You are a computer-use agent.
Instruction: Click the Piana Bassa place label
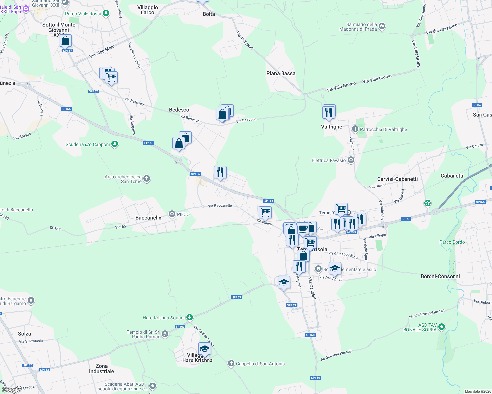tap(281, 73)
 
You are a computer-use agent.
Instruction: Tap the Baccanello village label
tap(148, 218)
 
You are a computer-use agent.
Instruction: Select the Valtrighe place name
tap(332, 127)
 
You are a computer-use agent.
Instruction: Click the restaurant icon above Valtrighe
tap(329, 112)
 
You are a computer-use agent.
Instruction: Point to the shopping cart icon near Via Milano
tap(265, 212)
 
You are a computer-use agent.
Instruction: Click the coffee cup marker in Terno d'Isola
tap(303, 229)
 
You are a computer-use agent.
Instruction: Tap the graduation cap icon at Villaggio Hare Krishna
tap(205, 349)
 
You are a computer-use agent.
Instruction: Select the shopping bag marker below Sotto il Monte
tap(65, 41)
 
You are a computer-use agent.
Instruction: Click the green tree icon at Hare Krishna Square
tap(189, 317)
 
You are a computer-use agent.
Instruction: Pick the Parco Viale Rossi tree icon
tap(106, 13)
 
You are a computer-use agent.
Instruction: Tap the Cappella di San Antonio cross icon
tap(231, 363)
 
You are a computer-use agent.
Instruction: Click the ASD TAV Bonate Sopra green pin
tap(442, 327)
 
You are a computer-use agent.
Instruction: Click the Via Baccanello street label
tap(220, 206)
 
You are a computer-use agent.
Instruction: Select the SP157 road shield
tap(477, 105)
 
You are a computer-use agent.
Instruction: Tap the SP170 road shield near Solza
tap(28, 365)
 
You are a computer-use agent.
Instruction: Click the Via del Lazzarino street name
tap(441, 29)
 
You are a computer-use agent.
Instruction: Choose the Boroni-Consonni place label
tap(440, 276)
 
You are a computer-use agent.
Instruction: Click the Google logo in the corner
tap(11, 390)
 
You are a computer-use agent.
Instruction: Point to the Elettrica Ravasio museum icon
tap(351, 160)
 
